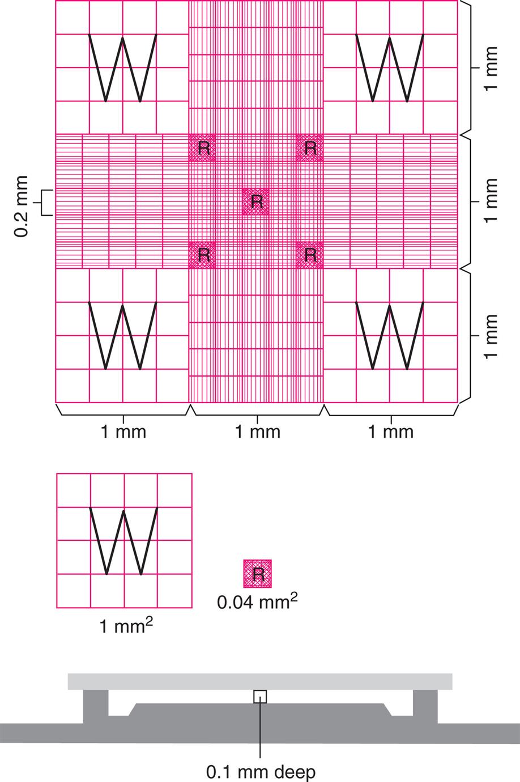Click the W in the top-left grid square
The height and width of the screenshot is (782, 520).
(122, 68)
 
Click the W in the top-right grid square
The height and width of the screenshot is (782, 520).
(389, 68)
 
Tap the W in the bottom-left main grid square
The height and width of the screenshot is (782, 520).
(122, 336)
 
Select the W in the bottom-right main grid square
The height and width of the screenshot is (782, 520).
(389, 336)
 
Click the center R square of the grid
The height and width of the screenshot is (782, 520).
(257, 202)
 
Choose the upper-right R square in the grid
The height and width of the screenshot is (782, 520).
(310, 148)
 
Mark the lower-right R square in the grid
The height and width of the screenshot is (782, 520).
(310, 255)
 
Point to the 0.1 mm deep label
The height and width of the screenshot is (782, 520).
(260, 771)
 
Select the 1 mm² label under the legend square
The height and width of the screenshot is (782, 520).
(126, 626)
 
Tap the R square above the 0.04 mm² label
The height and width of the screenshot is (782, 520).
(258, 574)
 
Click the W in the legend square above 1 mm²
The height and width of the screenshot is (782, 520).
(123, 541)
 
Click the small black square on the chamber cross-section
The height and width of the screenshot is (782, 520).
(260, 696)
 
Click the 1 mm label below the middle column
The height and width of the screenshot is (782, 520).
(257, 432)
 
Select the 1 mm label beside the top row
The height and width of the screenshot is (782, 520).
(491, 67)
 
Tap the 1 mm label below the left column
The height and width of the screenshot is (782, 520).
(123, 432)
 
